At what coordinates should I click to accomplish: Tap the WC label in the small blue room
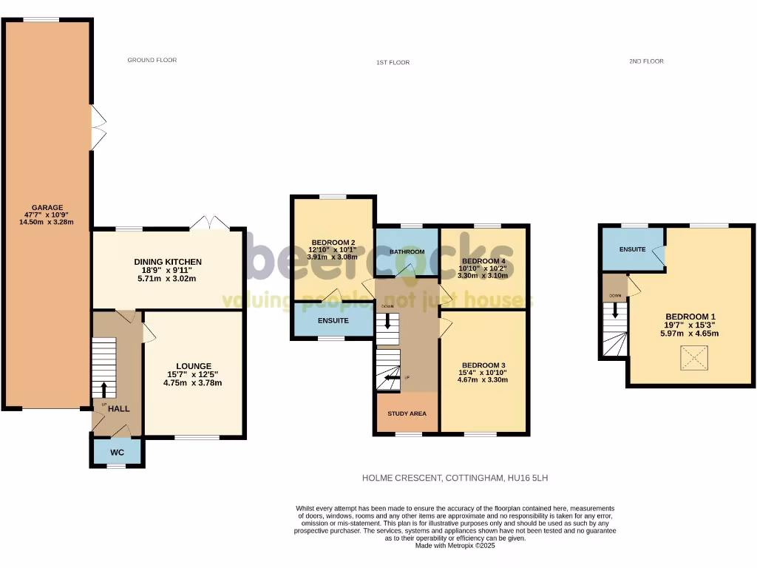click(x=117, y=451)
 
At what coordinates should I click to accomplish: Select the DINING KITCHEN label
click(x=168, y=262)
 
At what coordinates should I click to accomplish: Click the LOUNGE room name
click(x=194, y=366)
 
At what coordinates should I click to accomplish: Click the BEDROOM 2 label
click(x=333, y=243)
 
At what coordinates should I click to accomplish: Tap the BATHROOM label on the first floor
click(x=407, y=252)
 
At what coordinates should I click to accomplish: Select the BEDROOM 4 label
click(x=483, y=261)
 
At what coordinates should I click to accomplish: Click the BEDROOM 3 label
click(x=483, y=365)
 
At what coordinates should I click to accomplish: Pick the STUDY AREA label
click(x=407, y=413)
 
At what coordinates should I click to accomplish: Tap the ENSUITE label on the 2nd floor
click(x=633, y=249)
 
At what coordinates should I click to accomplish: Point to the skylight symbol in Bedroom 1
click(x=693, y=360)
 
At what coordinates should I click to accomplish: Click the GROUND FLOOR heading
click(x=152, y=60)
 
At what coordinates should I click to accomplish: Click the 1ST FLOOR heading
click(x=393, y=62)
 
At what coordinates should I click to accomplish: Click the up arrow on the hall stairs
click(x=103, y=389)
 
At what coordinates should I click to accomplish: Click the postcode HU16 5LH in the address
click(x=528, y=479)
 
